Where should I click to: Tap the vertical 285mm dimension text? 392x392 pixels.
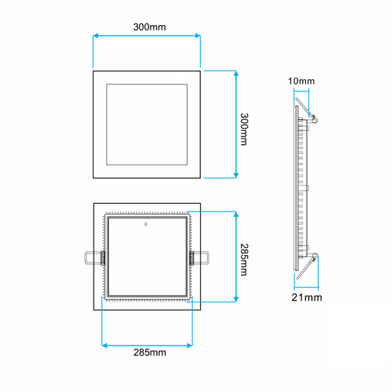[244, 260]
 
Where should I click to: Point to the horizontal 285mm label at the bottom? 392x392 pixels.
[149, 352]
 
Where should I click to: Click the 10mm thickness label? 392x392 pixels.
[302, 81]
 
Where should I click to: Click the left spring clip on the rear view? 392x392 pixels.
[93, 258]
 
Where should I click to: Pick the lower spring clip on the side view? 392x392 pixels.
[308, 263]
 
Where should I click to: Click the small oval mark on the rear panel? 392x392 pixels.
[145, 225]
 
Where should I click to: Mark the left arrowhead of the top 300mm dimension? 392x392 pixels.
[95, 35]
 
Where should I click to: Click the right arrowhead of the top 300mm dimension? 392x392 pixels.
[198, 35]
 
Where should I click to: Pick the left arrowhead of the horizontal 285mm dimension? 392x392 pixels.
[104, 343]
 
